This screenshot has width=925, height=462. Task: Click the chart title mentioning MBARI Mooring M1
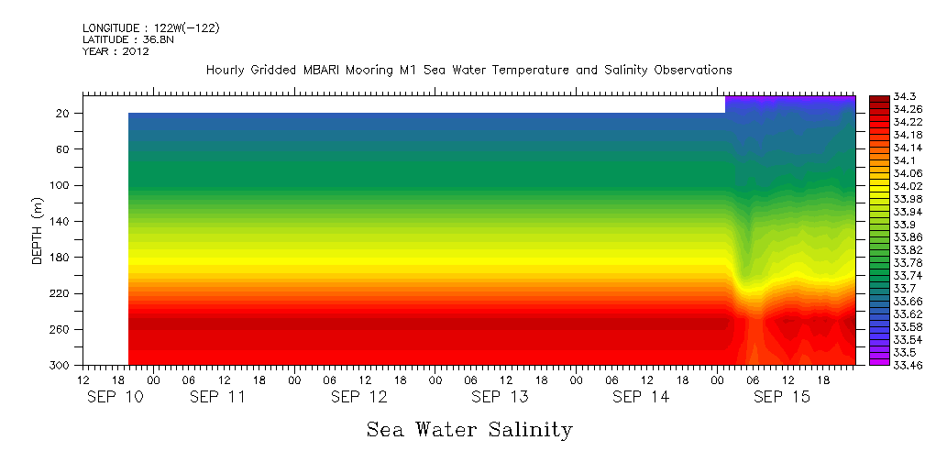point(468,70)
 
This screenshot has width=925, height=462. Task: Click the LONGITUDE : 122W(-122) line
point(150,27)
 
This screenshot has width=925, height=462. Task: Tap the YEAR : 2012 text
point(116,51)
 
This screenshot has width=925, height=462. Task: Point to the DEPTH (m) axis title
point(38,230)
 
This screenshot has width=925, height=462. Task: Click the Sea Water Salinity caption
point(469,429)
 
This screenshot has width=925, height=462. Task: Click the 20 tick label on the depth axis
point(64,113)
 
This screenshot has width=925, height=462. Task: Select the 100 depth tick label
point(61,185)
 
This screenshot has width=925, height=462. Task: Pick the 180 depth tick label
point(61,258)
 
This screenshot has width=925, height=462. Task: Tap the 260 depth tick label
point(61,329)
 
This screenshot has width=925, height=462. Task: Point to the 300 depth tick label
point(61,366)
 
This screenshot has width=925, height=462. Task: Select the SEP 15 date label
point(781,397)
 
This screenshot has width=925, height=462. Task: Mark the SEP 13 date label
point(500,397)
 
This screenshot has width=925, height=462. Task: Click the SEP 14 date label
point(641,397)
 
